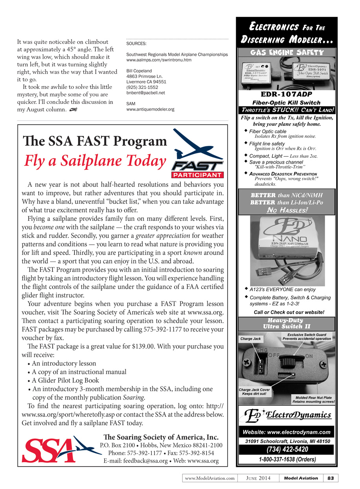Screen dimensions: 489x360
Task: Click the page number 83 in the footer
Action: [x=331, y=478]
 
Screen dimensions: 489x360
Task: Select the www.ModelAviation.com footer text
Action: [x=209, y=478]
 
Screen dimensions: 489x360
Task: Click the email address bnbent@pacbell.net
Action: [x=145, y=93]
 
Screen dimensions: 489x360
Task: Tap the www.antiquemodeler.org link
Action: [x=150, y=109]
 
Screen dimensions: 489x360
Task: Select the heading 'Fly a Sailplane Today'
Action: [x=95, y=161]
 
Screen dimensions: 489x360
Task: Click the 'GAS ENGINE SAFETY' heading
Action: [x=287, y=52]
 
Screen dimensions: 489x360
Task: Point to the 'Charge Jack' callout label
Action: [x=250, y=338]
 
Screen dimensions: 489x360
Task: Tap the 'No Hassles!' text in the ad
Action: [x=287, y=210]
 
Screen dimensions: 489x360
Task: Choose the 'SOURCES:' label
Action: [x=136, y=44]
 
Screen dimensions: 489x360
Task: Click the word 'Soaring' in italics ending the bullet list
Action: [x=134, y=397]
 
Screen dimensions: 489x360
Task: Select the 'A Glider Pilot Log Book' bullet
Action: [x=65, y=380]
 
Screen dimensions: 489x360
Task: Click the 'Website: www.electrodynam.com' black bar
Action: [x=287, y=432]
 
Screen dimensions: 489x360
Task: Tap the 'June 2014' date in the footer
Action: [x=258, y=478]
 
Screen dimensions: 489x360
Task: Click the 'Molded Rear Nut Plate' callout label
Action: [x=313, y=400]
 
